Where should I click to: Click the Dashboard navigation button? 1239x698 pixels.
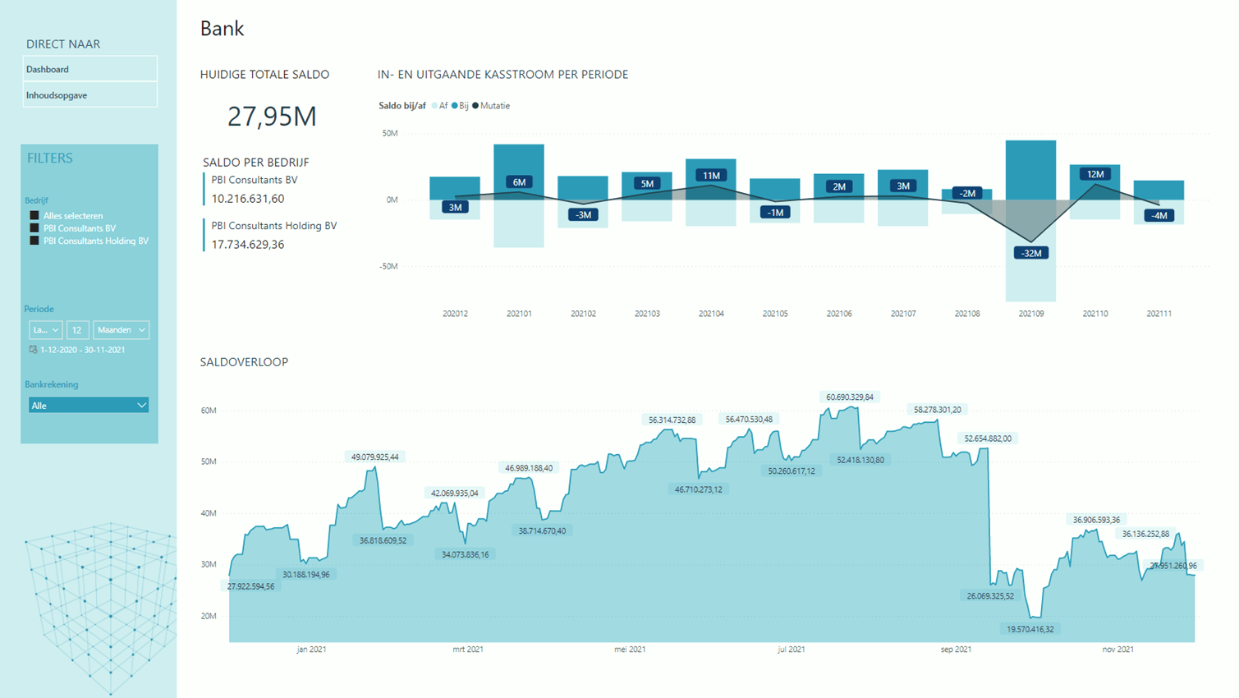click(89, 69)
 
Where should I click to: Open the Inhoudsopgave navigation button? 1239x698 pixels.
click(89, 95)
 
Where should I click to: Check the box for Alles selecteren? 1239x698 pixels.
click(34, 216)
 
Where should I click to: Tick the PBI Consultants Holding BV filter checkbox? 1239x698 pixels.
click(34, 241)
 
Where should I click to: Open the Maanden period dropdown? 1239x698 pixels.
click(121, 330)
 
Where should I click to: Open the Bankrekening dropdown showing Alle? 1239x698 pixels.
click(89, 406)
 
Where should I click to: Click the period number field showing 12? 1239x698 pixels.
click(77, 330)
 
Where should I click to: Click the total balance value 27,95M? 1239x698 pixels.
click(272, 117)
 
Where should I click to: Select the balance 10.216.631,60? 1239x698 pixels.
click(248, 199)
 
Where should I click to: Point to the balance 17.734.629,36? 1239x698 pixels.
click(248, 245)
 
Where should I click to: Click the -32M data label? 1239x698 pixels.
click(1031, 253)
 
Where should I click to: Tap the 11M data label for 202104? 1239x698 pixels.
click(711, 175)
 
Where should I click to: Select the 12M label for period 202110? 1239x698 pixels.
click(1095, 174)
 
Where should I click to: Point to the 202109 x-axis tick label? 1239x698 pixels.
click(1031, 314)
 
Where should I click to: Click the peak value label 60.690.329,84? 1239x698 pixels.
click(850, 397)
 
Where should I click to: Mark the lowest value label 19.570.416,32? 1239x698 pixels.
click(1030, 629)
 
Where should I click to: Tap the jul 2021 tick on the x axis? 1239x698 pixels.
click(791, 650)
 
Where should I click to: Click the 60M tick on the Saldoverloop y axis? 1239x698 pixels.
click(209, 411)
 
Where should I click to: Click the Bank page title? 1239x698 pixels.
click(222, 29)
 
